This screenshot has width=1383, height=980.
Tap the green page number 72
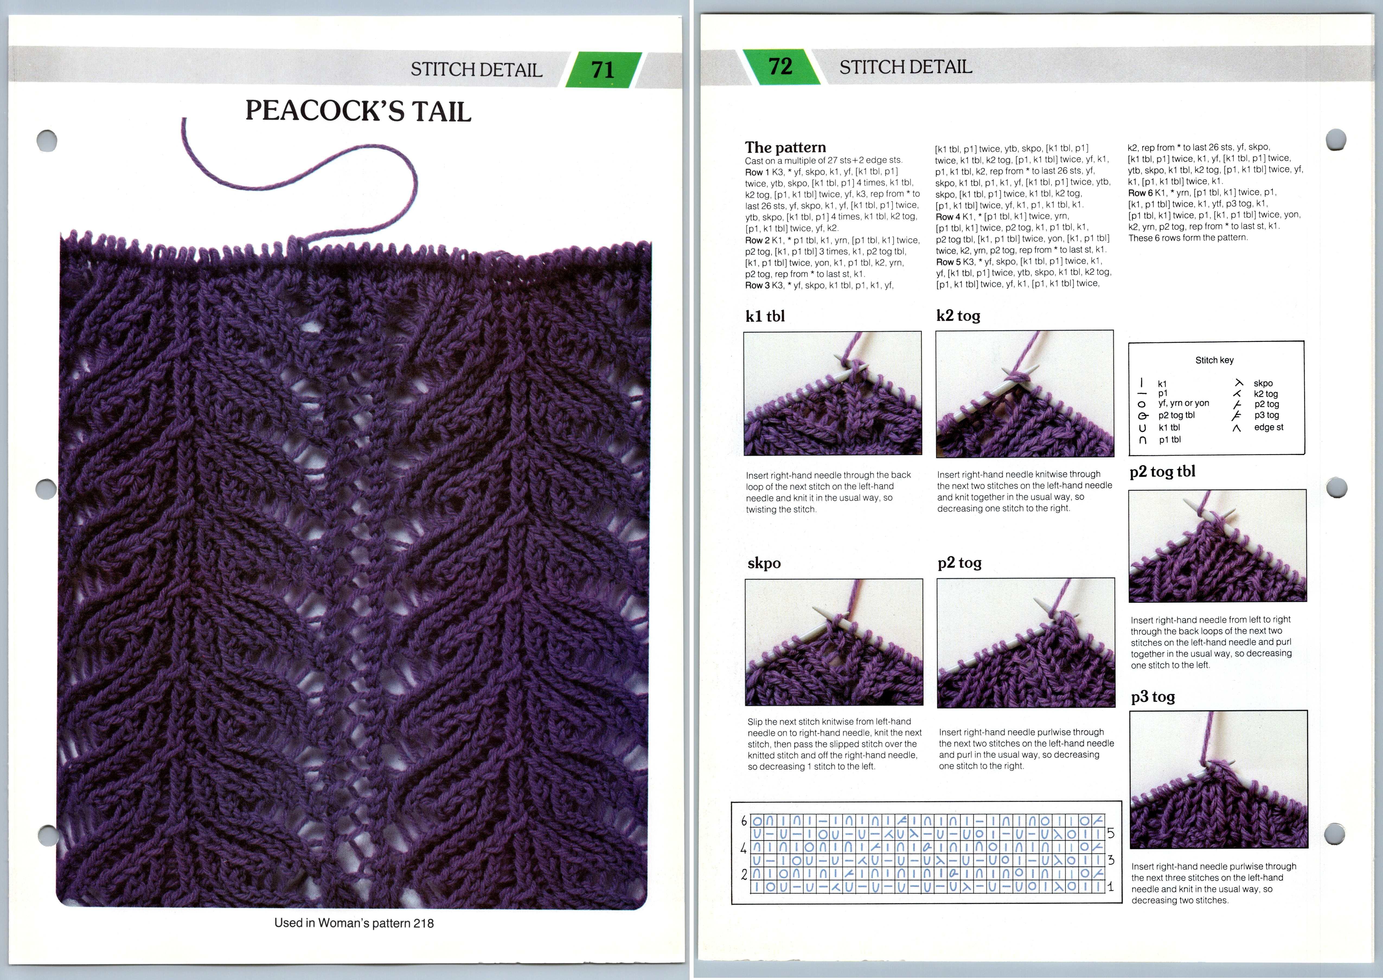pyautogui.click(x=780, y=66)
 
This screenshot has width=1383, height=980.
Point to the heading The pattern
pyautogui.click(x=785, y=147)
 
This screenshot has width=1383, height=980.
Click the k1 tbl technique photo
pyautogui.click(x=833, y=393)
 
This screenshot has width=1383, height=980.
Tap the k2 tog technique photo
pyautogui.click(x=1025, y=393)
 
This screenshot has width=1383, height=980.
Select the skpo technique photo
pyautogui.click(x=834, y=641)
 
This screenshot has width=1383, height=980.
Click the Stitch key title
pyautogui.click(x=1214, y=360)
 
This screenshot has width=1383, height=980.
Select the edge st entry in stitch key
pyautogui.click(x=1268, y=427)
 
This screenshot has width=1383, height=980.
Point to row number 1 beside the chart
pyautogui.click(x=1110, y=887)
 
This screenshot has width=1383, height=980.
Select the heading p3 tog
pyautogui.click(x=1152, y=697)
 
